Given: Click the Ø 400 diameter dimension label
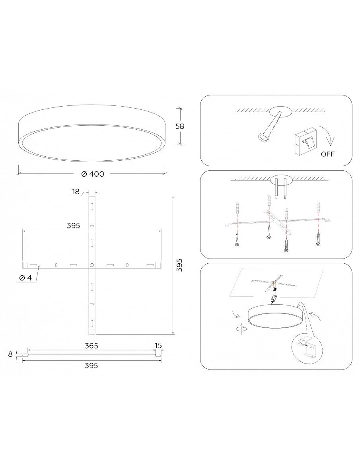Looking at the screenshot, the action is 93,174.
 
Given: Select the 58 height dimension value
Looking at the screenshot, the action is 180,126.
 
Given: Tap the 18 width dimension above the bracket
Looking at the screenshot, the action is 76,192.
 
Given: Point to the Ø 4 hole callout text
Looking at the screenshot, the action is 25,278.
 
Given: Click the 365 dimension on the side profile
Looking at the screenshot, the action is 91,346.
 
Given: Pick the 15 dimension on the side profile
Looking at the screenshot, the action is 158,346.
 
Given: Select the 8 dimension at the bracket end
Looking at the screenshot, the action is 11,354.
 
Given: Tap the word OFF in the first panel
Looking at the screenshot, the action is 328,154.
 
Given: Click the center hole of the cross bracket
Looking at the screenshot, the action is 92,265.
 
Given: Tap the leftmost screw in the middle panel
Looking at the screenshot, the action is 237,240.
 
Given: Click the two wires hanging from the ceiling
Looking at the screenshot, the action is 280,189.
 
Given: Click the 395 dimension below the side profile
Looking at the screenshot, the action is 91,366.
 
